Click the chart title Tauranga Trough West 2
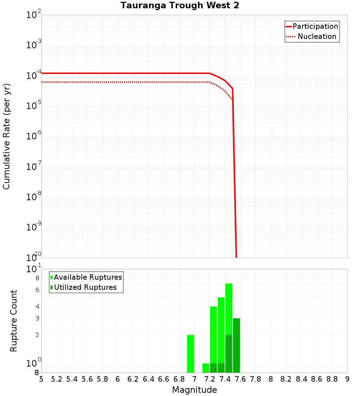[180, 5]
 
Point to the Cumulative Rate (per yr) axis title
[6, 136]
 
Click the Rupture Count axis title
[14, 321]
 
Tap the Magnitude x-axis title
[194, 390]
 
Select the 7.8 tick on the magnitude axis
[256, 379]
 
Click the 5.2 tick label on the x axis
[57, 379]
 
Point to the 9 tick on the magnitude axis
[347, 379]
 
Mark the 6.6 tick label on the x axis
[164, 379]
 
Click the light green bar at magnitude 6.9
[191, 354]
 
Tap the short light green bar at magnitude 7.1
[206, 368]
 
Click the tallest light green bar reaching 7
[229, 309]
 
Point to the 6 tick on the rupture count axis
[37, 290]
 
